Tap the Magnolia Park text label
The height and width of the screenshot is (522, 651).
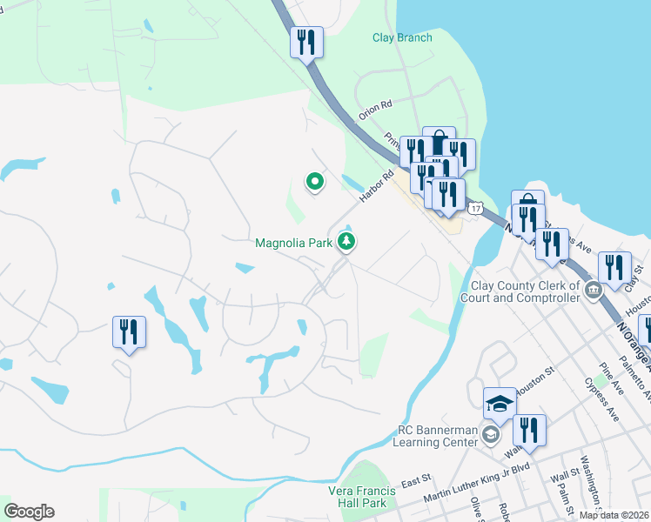pos(294,243)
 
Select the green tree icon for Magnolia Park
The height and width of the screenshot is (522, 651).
pos(346,242)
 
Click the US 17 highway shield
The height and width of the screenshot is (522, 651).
pos(474,209)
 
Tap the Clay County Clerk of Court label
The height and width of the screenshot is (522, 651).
pos(525,291)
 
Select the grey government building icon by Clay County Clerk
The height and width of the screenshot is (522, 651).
pos(594,290)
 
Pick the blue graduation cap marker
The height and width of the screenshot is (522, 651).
pos(500,404)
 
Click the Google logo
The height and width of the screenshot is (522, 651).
pos(29,512)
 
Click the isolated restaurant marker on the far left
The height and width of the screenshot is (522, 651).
pos(129,331)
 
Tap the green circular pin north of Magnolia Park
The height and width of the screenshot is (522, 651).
pos(314,181)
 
